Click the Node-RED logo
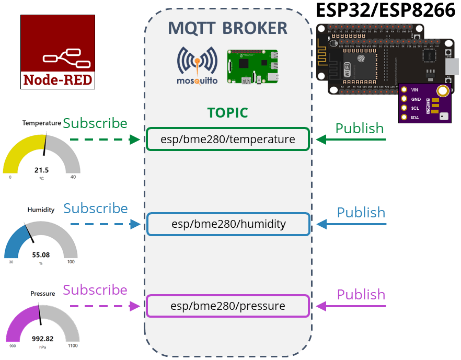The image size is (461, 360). (57, 51)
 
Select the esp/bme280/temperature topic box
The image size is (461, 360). (227, 140)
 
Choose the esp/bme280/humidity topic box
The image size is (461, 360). (228, 224)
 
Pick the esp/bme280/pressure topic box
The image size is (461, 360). (228, 306)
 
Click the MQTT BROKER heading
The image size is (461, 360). (227, 28)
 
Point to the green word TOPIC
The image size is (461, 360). (227, 113)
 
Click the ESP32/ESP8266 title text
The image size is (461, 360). (386, 11)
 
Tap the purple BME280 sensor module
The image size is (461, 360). (425, 103)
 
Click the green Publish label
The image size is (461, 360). (360, 129)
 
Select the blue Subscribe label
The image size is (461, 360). (96, 208)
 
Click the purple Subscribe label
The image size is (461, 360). (95, 290)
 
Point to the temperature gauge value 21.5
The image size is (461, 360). (41, 170)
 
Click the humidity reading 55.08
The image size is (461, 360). (41, 255)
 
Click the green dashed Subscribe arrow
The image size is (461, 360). (105, 140)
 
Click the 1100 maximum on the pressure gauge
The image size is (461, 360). (73, 346)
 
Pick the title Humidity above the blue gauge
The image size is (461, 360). (41, 210)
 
